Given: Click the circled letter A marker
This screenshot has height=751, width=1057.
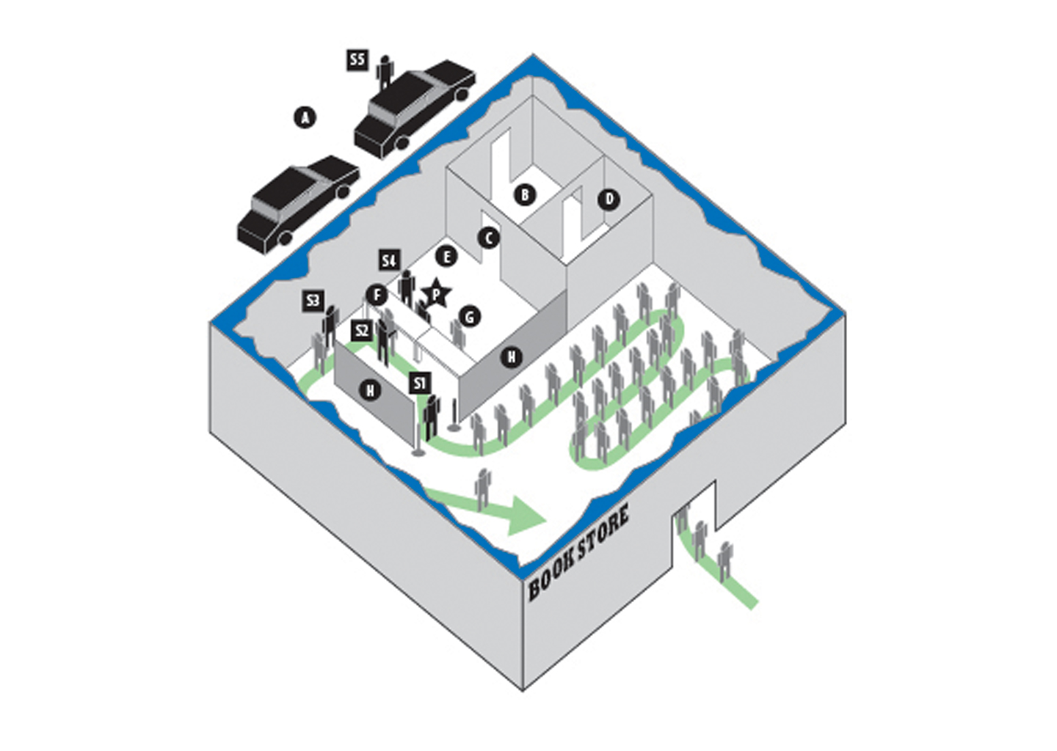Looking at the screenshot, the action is click(305, 117).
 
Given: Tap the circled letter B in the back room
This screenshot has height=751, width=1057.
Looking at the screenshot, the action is click(525, 194).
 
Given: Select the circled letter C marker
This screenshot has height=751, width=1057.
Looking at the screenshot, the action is click(488, 238).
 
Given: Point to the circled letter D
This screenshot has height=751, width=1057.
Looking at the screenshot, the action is click(609, 199).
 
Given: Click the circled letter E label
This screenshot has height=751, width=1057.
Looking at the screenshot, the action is click(446, 257).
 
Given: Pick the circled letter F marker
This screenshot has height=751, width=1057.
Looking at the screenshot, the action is click(377, 296).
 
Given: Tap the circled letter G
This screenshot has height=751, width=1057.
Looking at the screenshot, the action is click(469, 318).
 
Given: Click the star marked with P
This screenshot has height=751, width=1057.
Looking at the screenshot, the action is click(437, 294).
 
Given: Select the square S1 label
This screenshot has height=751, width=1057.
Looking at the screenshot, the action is click(420, 384).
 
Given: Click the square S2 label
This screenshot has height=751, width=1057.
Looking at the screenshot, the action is click(362, 331).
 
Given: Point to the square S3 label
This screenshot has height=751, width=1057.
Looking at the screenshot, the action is click(313, 301).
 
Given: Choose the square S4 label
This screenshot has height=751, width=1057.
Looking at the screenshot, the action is click(389, 260).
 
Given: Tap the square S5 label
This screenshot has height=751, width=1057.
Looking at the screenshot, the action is click(357, 60).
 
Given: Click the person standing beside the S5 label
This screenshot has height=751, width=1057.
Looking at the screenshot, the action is click(385, 73).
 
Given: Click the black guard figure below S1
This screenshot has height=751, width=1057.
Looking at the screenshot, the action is click(432, 417).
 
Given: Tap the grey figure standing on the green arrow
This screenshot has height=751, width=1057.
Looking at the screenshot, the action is click(482, 489).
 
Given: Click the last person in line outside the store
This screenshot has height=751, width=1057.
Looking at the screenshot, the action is click(724, 563).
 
